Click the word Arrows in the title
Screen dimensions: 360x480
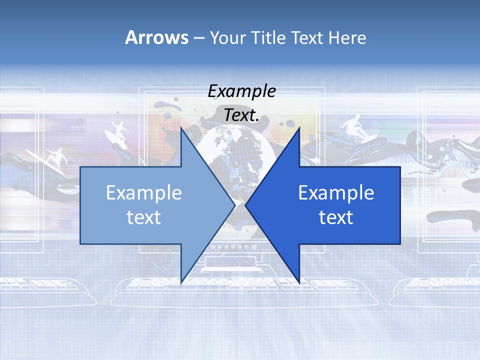click(156, 37)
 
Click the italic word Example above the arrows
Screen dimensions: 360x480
click(241, 91)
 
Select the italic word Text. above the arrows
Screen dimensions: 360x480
click(241, 115)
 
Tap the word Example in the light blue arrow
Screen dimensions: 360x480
click(144, 193)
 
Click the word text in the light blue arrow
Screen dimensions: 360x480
click(144, 217)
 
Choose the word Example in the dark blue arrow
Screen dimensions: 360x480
click(336, 193)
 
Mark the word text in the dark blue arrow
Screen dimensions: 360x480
click(336, 217)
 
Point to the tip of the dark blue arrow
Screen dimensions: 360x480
click(246, 205)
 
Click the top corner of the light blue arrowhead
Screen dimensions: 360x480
click(180, 127)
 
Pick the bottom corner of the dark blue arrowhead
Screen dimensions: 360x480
click(299, 283)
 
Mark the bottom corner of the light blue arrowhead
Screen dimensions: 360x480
click(180, 283)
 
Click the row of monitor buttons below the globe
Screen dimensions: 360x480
click(230, 247)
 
